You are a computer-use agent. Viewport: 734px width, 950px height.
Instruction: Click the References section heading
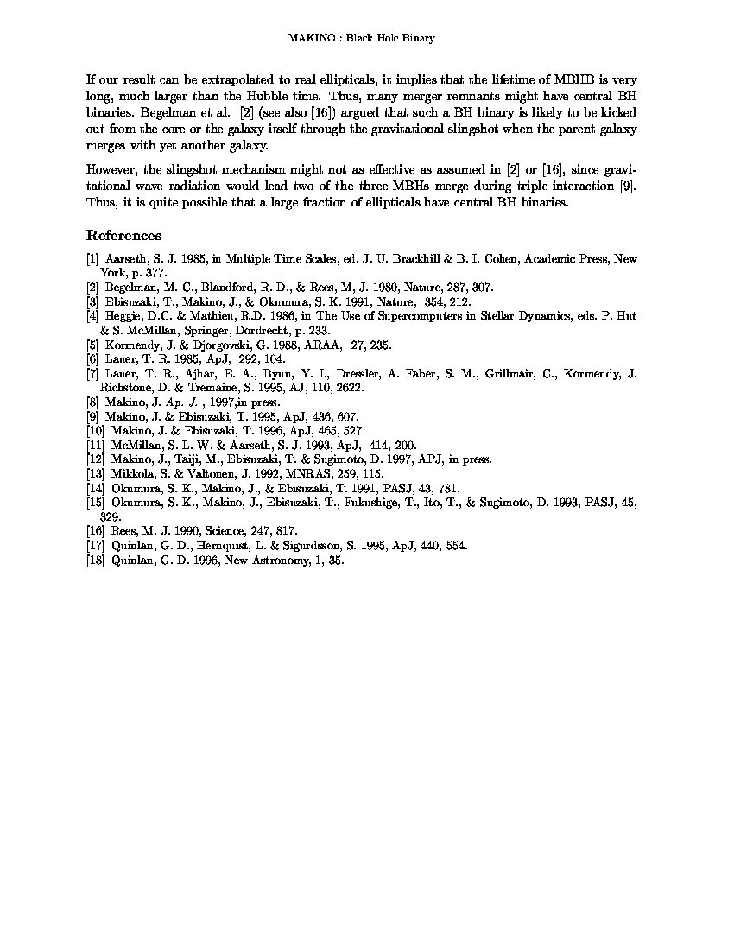point(123,236)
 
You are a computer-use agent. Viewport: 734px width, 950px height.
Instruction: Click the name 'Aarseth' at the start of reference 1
point(129,258)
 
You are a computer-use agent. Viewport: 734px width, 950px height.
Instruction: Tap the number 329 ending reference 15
point(111,516)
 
